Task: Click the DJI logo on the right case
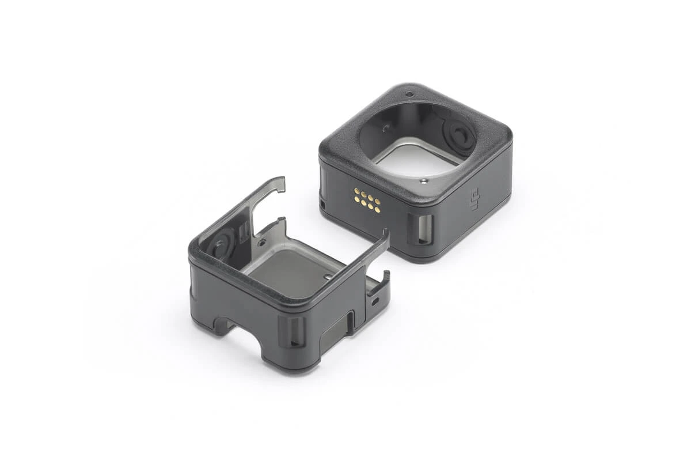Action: click(x=476, y=199)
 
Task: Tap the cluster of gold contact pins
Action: click(x=367, y=199)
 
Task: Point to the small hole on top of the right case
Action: click(x=409, y=94)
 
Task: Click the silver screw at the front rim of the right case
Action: click(x=424, y=180)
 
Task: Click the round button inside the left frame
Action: click(x=220, y=245)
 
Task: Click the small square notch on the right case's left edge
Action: click(x=323, y=204)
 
